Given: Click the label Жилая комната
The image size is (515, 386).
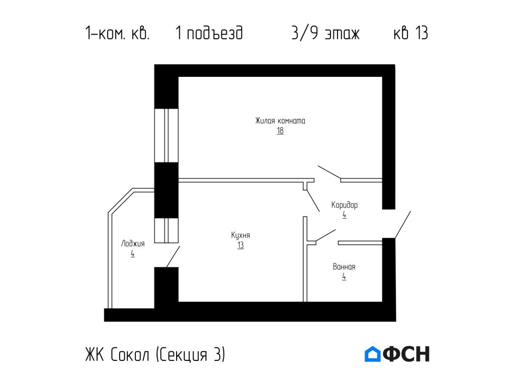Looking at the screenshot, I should [280, 121].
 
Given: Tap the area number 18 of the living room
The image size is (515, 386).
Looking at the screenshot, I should [280, 131].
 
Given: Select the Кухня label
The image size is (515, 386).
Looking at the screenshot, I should [241, 235].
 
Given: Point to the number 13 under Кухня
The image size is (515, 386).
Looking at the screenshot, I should [241, 245].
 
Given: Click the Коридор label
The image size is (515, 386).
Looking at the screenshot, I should [345, 205].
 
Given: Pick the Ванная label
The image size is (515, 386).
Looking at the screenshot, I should [344, 267].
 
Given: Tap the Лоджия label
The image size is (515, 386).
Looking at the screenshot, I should [133, 244].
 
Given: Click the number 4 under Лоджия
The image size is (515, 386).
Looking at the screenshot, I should [133, 254].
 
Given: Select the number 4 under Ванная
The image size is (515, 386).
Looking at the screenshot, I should [344, 276].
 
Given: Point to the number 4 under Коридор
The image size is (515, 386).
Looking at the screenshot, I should [345, 215].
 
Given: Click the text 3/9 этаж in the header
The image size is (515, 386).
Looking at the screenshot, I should [325, 34].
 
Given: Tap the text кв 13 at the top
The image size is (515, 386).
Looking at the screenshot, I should [410, 34].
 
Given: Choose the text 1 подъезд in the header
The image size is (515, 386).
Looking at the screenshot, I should [209, 34].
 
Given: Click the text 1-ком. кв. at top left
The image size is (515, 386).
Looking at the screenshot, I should [117, 34].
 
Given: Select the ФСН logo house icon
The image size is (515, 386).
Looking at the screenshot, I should [373, 354].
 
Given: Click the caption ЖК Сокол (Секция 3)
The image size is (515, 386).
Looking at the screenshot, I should [155, 354].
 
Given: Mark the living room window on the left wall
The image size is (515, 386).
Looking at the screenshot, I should [166, 135].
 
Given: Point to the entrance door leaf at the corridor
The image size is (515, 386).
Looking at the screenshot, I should [403, 225].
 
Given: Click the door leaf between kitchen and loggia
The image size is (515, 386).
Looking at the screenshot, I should [173, 257].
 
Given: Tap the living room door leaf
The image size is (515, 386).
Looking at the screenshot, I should [329, 172].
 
